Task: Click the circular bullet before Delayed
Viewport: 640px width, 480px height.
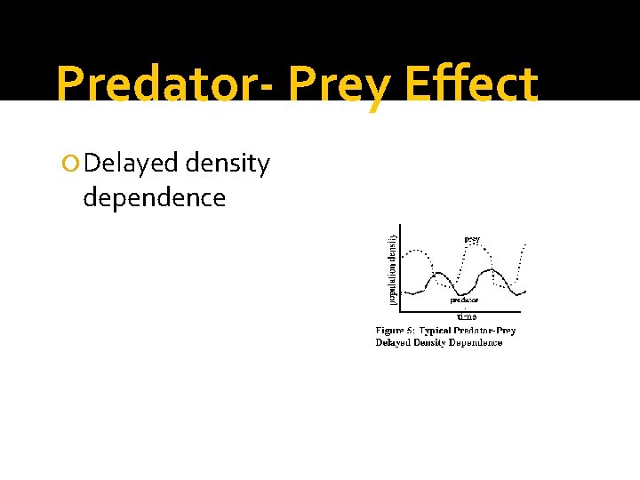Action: (73, 164)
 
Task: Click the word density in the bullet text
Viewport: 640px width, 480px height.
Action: (227, 164)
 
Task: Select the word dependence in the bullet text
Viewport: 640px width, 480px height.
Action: (155, 197)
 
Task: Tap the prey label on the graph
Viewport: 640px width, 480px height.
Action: (471, 239)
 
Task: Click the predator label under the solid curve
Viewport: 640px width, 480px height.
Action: (464, 300)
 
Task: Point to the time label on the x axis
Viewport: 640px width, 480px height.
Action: (466, 316)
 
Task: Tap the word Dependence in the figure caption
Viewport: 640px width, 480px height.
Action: (476, 343)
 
